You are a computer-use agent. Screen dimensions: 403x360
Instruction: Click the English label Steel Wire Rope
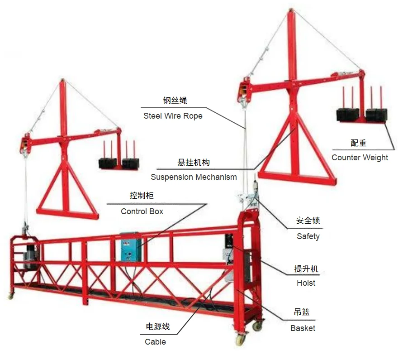pos(173,116)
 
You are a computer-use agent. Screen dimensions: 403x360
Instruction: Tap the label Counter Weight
pos(360,158)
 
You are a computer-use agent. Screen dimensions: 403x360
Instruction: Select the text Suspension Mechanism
pos(194,177)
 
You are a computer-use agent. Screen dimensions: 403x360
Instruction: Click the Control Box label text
pos(142,211)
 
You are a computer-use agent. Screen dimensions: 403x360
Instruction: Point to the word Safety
pos(308,236)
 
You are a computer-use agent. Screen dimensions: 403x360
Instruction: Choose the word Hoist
pos(306,283)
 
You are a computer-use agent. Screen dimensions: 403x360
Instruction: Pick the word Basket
pos(303,328)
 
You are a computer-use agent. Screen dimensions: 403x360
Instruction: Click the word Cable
pos(155,342)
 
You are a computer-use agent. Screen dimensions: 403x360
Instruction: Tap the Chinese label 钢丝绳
pos(175,101)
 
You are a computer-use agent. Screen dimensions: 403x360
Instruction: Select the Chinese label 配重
pos(358,143)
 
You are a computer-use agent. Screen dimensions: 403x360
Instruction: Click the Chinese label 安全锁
pos(308,221)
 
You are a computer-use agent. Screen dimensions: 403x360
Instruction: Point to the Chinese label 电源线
pos(157,327)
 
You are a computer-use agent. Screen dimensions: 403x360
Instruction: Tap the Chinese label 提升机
pos(306,269)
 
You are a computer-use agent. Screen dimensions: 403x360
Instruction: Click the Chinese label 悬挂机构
pos(193,163)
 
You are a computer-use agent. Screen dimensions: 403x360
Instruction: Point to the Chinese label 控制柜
pos(142,196)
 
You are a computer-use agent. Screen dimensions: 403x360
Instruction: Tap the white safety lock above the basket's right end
pos(248,199)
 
